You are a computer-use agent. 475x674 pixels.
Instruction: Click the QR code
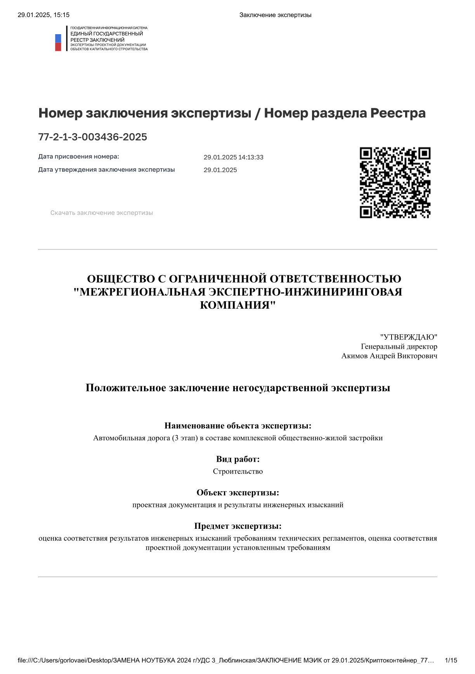coord(395,182)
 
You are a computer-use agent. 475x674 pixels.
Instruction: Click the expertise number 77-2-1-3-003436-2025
coord(93,137)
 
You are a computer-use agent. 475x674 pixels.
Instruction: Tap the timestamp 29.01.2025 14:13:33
coord(233,157)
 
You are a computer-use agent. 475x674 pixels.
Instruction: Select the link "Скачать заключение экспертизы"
coord(102,213)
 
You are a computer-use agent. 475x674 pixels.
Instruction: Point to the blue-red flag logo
coord(58,42)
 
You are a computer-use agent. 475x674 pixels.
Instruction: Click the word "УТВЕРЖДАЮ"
coord(409,337)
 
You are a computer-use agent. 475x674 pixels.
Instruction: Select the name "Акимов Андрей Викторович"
coord(389,356)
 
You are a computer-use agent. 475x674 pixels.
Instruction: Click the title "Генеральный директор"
coord(399,346)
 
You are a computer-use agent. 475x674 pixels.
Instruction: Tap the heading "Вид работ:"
coord(237,459)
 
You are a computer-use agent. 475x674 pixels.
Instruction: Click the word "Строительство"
coord(237,471)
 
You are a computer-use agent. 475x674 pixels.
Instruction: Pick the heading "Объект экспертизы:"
coord(237,493)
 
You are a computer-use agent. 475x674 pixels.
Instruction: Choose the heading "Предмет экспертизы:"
coord(237,526)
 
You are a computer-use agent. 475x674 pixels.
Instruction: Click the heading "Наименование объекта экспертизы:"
coord(237,426)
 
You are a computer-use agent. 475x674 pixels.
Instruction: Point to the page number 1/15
coord(451,660)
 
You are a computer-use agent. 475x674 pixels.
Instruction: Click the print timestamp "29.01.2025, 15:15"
coord(43,15)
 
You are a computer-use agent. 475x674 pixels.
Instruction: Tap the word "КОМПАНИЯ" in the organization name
coord(234,305)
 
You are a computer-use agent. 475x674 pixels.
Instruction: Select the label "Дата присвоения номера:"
coord(78,156)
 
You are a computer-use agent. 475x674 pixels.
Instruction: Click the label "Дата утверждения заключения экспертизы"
coord(106,170)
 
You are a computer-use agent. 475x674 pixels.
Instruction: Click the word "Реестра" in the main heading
coord(398,113)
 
